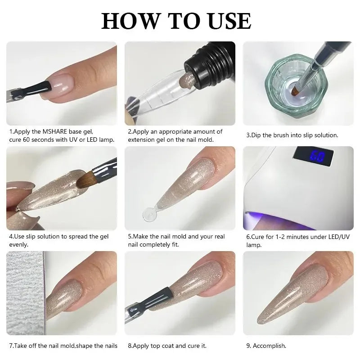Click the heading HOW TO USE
[x=176, y=21]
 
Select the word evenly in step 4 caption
[x=18, y=245]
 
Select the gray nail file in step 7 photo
[x=25, y=297]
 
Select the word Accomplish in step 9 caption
[x=270, y=346]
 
